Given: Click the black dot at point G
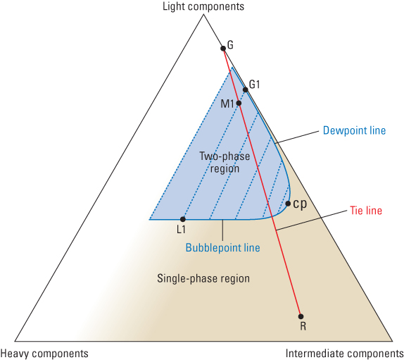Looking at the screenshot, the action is [223, 48].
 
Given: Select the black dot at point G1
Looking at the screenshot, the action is [245, 89].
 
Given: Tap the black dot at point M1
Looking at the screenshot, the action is [239, 103].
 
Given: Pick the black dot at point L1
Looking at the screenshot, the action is [183, 219].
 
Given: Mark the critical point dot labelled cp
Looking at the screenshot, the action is [288, 204].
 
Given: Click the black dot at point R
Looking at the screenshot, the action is [301, 316].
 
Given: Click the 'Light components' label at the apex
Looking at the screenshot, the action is [203, 6].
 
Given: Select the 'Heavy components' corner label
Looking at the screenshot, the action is [44, 353].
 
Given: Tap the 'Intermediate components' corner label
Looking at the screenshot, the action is [345, 353].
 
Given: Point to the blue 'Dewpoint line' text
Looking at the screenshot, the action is [354, 130].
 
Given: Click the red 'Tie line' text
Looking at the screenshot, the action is [366, 211].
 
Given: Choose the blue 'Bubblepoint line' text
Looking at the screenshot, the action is [223, 247].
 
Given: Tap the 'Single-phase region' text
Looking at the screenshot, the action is [203, 278].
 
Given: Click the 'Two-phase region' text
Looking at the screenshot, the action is [225, 163].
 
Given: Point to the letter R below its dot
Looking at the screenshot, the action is [303, 326].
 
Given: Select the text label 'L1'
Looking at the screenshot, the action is [181, 230].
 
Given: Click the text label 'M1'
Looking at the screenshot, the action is [227, 104].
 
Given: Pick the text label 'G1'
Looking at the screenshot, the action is [255, 85].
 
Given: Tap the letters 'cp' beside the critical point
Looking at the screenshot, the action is [300, 204].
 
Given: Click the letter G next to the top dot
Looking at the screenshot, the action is [230, 45].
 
